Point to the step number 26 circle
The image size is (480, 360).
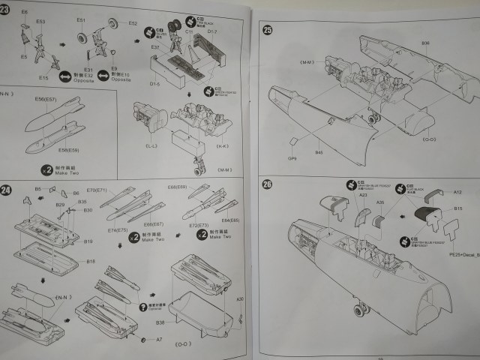(267, 184)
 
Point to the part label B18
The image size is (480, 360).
(90, 261)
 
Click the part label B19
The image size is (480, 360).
(88, 241)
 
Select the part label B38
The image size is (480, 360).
(160, 323)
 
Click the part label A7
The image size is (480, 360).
(158, 339)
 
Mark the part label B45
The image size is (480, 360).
(319, 153)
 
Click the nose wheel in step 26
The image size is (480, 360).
(362, 308)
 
